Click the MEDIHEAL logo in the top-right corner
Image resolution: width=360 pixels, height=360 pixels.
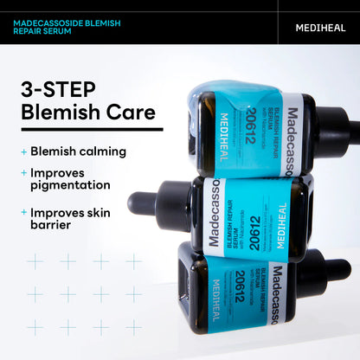pos(320,27)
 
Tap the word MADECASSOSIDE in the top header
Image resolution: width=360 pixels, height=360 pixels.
pos(53,22)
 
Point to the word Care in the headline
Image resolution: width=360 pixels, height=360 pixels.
pos(132,112)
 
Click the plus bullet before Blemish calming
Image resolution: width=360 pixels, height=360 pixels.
pos(23,151)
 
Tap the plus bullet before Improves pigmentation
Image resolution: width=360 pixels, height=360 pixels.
pos(23,172)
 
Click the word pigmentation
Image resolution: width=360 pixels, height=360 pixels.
pos(70,185)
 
